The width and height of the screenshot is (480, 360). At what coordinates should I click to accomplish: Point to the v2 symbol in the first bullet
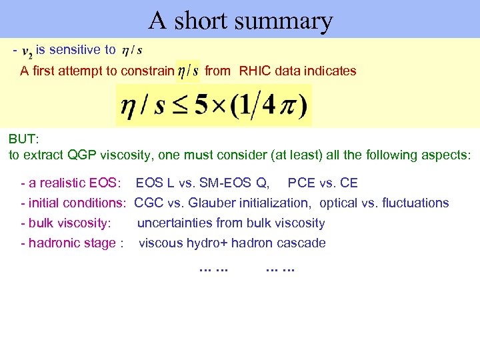coord(29,51)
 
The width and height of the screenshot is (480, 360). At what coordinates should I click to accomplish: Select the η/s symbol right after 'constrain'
coord(187,71)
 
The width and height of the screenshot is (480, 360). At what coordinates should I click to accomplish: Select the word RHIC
coord(256,71)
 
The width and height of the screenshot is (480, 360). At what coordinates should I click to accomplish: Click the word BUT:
coord(24,139)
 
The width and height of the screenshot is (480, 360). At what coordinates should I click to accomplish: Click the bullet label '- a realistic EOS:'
coord(71,183)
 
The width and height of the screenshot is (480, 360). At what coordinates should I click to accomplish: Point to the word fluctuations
coord(414,203)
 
